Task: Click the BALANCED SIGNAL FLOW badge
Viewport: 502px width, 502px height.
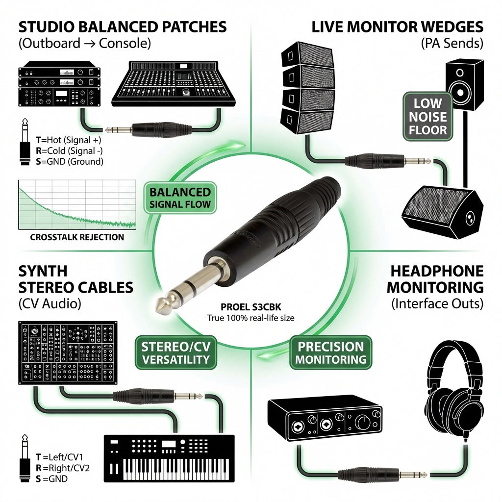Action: (180, 198)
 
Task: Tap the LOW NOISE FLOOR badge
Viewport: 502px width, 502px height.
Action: (427, 117)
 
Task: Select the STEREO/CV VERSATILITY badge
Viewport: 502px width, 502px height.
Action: (176, 352)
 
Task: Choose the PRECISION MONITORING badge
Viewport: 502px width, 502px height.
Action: (331, 352)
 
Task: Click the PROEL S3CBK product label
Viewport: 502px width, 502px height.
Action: (251, 307)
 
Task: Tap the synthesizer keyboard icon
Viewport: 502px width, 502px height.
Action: (169, 458)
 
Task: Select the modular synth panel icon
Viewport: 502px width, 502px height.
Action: (68, 353)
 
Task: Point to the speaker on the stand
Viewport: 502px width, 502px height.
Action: (465, 84)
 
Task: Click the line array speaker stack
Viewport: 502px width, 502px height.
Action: (308, 88)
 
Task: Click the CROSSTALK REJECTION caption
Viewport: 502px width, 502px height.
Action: (77, 237)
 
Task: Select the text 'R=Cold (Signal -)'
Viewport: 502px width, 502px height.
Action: (69, 151)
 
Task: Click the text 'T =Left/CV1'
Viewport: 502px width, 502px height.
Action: (59, 457)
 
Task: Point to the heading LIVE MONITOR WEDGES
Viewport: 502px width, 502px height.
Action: (397, 27)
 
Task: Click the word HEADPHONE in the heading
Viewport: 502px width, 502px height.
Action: (437, 271)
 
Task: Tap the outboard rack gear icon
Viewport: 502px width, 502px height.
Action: (59, 84)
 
